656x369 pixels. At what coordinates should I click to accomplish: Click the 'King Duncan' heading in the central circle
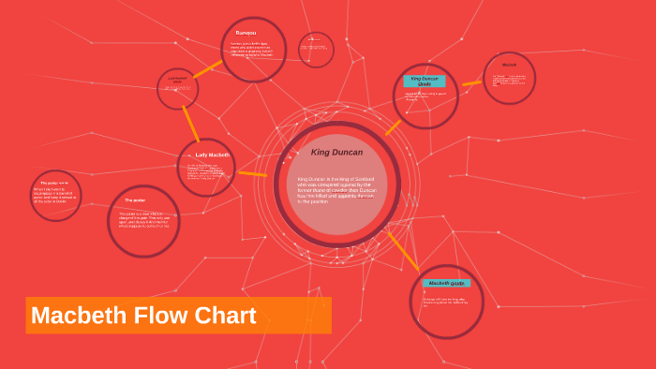(x=336, y=152)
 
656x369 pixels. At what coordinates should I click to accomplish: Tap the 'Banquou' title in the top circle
(x=246, y=33)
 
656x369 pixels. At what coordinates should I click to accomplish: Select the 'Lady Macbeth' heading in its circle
(x=212, y=155)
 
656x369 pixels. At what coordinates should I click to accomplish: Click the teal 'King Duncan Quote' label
(x=424, y=81)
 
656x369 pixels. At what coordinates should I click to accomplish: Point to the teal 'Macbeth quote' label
(x=445, y=283)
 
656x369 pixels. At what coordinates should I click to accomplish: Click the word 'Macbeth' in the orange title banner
(x=79, y=316)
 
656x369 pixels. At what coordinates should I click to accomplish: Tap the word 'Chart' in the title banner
(x=225, y=316)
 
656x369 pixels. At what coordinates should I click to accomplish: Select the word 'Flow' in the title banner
(x=160, y=316)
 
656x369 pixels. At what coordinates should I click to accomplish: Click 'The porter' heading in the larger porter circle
(x=135, y=200)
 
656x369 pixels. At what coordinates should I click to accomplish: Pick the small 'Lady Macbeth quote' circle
(x=177, y=88)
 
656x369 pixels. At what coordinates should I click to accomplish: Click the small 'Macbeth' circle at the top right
(x=509, y=78)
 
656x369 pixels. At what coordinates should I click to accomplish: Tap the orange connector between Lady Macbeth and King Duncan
(x=252, y=173)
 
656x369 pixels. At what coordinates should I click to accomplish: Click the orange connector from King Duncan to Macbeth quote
(x=403, y=250)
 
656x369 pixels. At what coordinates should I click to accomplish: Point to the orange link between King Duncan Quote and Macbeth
(x=471, y=83)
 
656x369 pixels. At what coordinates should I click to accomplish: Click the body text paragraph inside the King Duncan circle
(x=335, y=190)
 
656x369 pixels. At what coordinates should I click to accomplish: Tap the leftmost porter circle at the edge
(x=55, y=196)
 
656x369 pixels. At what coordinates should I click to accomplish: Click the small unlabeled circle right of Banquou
(x=316, y=50)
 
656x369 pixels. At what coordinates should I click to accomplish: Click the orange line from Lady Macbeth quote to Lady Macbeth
(x=189, y=124)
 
